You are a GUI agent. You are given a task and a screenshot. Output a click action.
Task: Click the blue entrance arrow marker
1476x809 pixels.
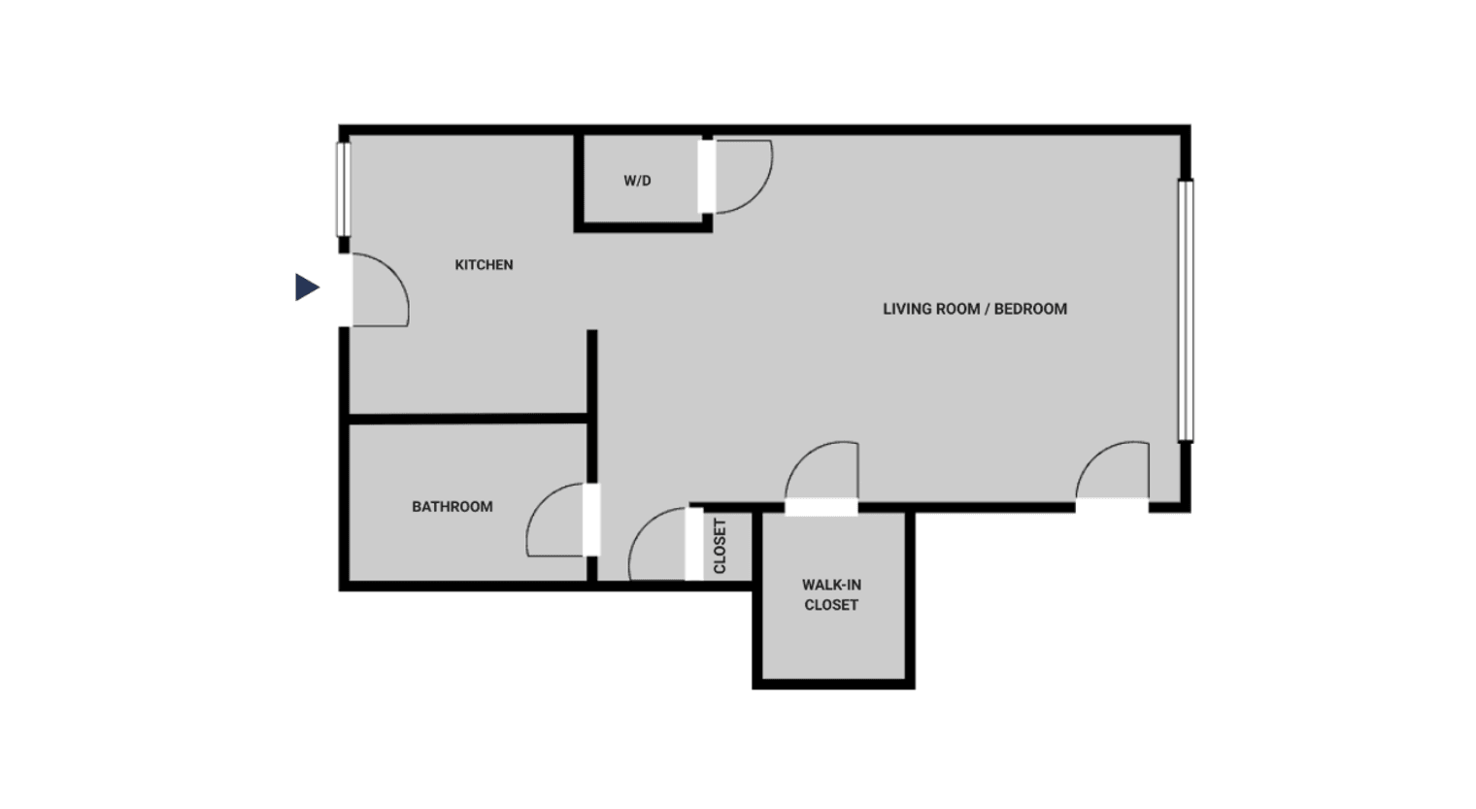(307, 287)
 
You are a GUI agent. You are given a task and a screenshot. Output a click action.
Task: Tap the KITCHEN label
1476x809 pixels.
(484, 264)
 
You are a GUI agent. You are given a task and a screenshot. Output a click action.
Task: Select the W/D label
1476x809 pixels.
(637, 181)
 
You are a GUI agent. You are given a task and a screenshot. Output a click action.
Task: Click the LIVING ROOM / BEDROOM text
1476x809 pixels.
(974, 309)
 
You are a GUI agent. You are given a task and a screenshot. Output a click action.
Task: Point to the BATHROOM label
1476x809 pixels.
(452, 506)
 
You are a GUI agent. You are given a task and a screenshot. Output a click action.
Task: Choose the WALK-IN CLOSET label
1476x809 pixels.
(831, 594)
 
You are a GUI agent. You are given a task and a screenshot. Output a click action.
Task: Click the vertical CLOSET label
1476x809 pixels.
(720, 546)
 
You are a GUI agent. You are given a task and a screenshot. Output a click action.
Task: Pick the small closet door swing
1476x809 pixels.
(657, 546)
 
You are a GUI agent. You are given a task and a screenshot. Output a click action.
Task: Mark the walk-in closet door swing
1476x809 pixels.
(823, 473)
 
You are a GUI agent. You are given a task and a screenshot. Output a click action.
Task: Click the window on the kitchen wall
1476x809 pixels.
(343, 189)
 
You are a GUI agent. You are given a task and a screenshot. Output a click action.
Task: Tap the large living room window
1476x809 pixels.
(1185, 311)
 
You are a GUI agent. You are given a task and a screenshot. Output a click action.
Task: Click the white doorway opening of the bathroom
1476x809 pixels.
(591, 520)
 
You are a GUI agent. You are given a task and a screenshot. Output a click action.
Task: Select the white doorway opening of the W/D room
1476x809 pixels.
(706, 176)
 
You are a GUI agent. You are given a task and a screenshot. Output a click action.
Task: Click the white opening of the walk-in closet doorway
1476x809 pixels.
(822, 507)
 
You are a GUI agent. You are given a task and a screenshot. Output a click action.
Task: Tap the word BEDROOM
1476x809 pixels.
(1030, 309)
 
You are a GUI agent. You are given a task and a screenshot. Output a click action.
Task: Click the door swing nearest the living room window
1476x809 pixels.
(1114, 472)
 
